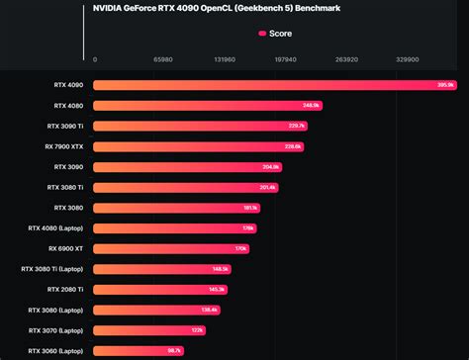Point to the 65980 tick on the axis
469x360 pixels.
(x=164, y=59)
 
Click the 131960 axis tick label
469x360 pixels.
(x=225, y=59)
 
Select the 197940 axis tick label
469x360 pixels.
(x=285, y=59)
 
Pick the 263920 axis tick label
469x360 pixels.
(x=346, y=59)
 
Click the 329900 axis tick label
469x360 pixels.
(x=408, y=59)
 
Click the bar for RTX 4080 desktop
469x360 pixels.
(x=207, y=105)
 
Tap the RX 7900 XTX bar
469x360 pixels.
(x=198, y=146)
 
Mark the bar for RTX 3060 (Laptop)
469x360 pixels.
(x=139, y=350)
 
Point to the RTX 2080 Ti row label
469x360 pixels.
(x=65, y=289)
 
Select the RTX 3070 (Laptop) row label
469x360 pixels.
(x=56, y=329)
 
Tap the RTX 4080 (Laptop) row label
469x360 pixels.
(x=56, y=227)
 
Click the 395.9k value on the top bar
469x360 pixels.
(x=445, y=85)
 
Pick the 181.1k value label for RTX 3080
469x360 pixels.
(x=250, y=208)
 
